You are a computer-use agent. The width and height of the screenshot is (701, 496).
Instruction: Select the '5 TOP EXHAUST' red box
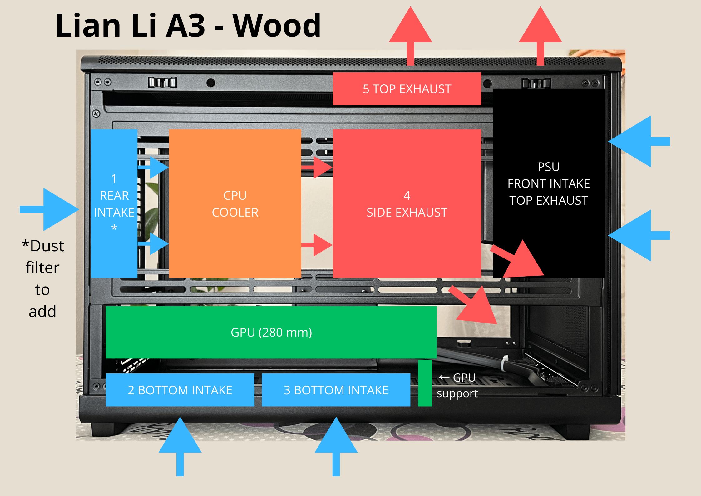point(407,89)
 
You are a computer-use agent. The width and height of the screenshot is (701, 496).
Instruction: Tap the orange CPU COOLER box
point(235,203)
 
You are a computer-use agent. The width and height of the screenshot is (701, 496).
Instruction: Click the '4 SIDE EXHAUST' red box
point(407,203)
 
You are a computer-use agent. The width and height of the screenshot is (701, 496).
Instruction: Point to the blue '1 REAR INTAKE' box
point(114,203)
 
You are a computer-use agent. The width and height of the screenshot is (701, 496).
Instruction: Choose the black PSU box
point(548,183)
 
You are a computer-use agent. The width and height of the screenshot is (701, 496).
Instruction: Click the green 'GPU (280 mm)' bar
point(271,332)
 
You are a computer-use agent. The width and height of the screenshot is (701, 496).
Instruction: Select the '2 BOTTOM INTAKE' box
point(180,390)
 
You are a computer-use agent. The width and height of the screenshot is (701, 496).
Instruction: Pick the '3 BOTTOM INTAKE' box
point(336,390)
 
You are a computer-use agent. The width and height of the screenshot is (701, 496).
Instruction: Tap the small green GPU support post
point(425,383)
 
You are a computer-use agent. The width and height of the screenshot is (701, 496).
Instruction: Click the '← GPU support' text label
point(457,385)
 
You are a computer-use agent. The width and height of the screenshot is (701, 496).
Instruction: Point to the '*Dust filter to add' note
point(43,278)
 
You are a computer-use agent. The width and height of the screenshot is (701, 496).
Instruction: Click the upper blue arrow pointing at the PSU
point(637,141)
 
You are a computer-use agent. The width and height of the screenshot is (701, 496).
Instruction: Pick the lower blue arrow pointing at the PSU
point(637,235)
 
